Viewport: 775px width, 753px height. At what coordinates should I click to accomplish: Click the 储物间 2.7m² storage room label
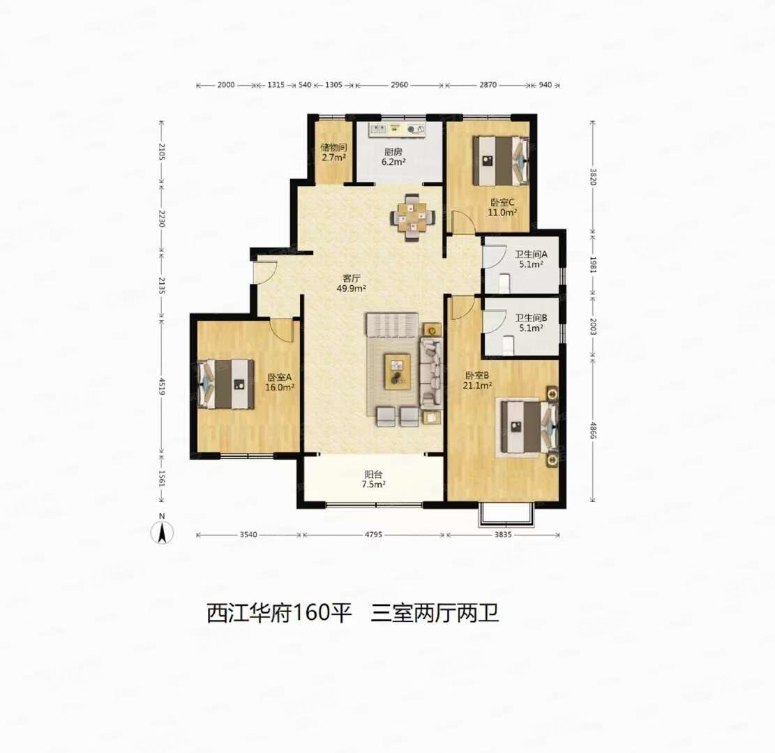333,153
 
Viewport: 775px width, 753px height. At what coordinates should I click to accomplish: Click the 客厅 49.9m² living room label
352,281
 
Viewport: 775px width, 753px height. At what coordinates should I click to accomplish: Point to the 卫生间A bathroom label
531,259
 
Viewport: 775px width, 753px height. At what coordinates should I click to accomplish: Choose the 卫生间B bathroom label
531,323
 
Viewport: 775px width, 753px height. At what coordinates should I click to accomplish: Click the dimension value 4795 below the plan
373,535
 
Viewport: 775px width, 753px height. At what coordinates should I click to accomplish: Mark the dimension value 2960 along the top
399,85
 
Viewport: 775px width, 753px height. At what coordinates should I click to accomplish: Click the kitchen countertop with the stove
398,129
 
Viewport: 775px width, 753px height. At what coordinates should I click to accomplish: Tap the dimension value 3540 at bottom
249,535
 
